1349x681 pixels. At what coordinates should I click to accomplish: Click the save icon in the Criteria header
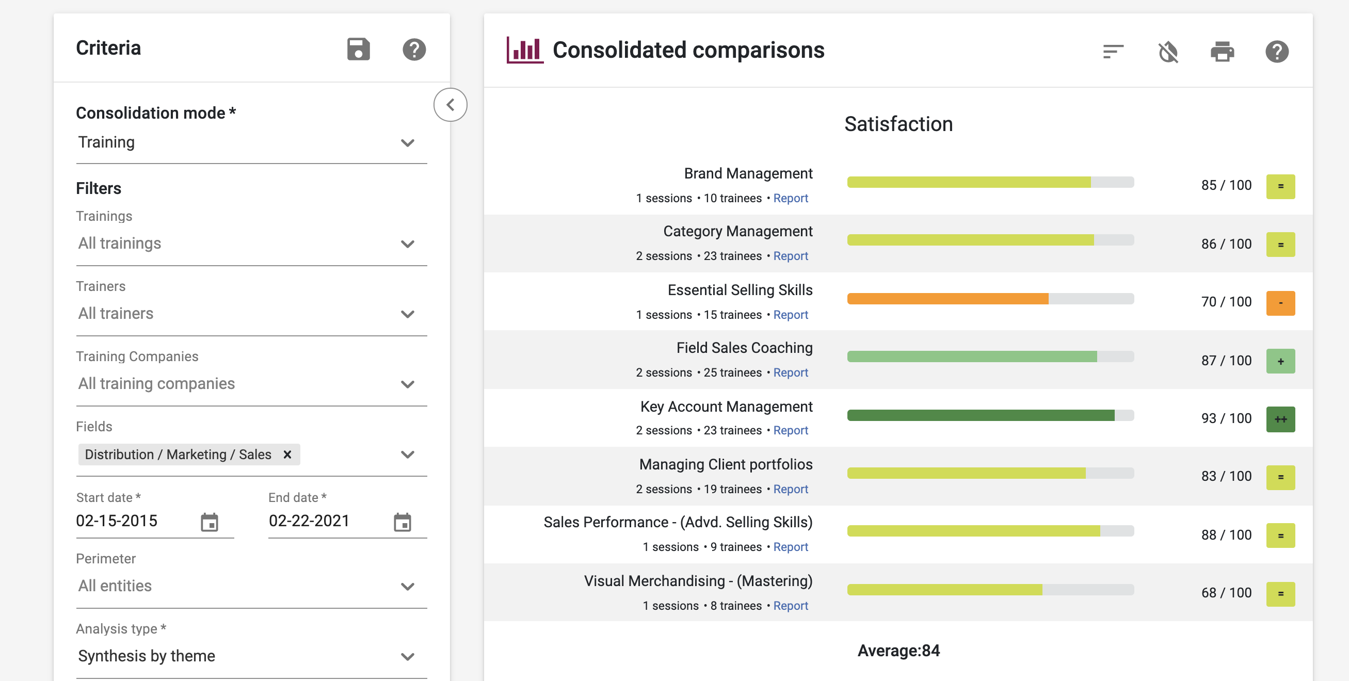(x=358, y=50)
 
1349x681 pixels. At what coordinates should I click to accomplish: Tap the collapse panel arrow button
(x=451, y=105)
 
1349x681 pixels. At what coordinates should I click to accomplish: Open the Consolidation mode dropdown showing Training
(x=251, y=142)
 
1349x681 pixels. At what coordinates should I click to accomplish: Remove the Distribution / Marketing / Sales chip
(x=287, y=455)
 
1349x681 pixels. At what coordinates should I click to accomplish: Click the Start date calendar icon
(x=210, y=522)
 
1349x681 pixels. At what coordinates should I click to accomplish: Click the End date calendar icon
(x=402, y=522)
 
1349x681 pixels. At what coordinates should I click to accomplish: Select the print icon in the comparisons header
(x=1222, y=51)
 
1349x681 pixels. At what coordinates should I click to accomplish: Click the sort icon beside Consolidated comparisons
(x=1113, y=51)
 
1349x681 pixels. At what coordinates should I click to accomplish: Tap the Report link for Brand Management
(x=790, y=199)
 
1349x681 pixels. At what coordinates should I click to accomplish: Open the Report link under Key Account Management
(x=790, y=430)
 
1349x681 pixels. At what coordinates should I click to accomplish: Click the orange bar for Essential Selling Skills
(x=947, y=299)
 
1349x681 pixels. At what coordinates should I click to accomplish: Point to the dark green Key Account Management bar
(x=981, y=415)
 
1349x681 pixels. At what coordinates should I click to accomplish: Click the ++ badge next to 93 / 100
(x=1280, y=419)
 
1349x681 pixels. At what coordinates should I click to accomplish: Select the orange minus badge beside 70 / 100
(x=1280, y=303)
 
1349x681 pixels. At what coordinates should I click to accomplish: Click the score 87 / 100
(x=1226, y=361)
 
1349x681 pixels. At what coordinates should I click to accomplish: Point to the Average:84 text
(x=898, y=651)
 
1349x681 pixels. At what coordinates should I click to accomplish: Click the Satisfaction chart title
(x=898, y=124)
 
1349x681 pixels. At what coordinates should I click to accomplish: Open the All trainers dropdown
(x=251, y=314)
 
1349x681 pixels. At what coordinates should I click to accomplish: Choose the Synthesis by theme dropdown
(x=251, y=656)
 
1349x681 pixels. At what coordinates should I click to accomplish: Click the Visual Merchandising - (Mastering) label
(x=698, y=581)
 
